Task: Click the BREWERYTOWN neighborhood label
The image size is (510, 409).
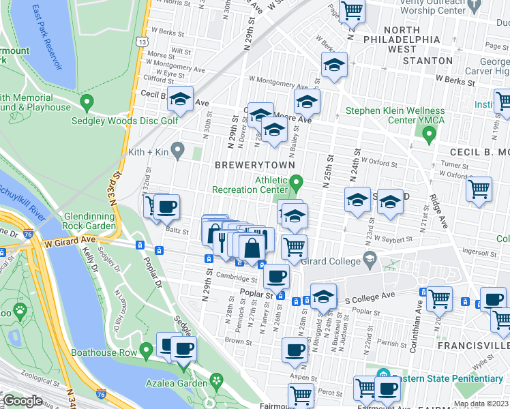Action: click(255, 165)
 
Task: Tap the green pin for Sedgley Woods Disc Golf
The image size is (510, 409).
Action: click(87, 104)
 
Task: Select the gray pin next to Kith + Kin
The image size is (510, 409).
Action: click(179, 149)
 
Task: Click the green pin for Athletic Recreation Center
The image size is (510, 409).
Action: click(296, 183)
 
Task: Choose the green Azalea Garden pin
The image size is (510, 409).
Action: click(217, 380)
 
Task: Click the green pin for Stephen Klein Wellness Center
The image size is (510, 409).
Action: click(429, 135)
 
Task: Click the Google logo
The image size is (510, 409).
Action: click(23, 401)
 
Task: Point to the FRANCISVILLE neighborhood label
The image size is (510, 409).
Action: click(477, 346)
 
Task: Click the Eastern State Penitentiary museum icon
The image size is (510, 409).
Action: click(382, 375)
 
